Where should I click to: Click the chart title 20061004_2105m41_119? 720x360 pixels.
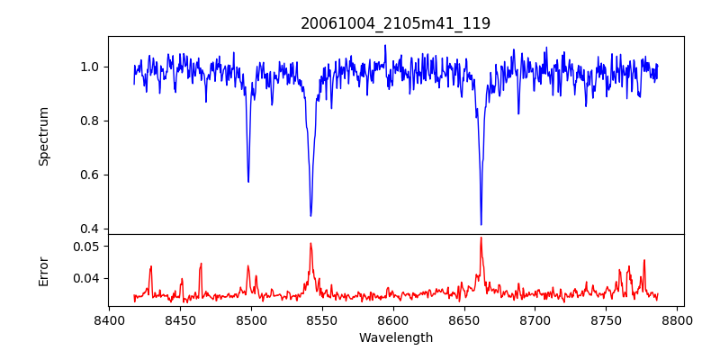(395, 23)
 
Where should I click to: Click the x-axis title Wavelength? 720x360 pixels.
(395, 338)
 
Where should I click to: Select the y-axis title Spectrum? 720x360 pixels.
(44, 136)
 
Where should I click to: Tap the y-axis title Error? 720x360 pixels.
(44, 271)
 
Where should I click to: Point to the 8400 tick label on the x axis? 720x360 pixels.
(109, 320)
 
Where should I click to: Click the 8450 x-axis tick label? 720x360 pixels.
(180, 320)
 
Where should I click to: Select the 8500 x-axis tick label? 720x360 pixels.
(251, 320)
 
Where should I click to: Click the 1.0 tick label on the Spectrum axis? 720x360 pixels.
(90, 67)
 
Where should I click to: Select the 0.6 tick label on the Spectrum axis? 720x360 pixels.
(90, 175)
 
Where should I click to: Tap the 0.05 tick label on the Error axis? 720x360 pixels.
(86, 246)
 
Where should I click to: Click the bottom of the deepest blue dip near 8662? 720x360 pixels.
(481, 224)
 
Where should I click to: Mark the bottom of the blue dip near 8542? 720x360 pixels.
(310, 215)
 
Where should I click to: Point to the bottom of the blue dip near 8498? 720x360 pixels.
(248, 182)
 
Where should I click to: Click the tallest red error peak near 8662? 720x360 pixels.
(481, 238)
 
